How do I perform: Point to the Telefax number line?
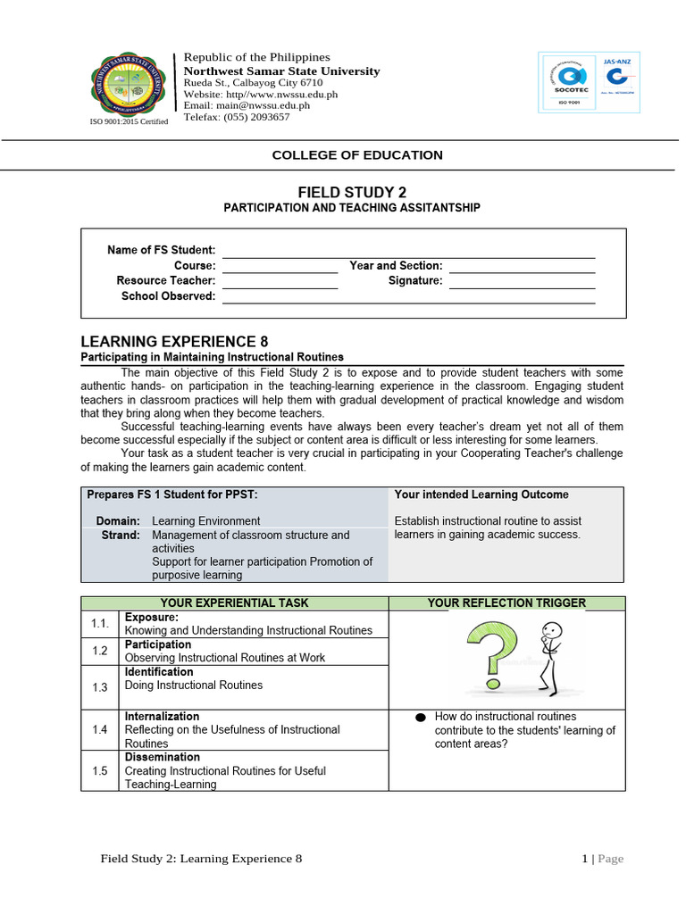(237, 117)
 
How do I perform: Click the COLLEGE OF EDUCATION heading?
(357, 155)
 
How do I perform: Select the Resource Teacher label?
(166, 281)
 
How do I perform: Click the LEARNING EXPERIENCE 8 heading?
(174, 341)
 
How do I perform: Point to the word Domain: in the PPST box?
(118, 521)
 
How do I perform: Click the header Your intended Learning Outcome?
(481, 494)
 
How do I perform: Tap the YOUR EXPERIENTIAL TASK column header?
(235, 603)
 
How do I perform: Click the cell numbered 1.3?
(99, 687)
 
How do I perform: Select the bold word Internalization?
(163, 717)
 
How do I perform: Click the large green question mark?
(498, 659)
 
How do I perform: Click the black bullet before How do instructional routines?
(421, 718)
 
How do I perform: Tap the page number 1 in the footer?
(585, 859)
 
